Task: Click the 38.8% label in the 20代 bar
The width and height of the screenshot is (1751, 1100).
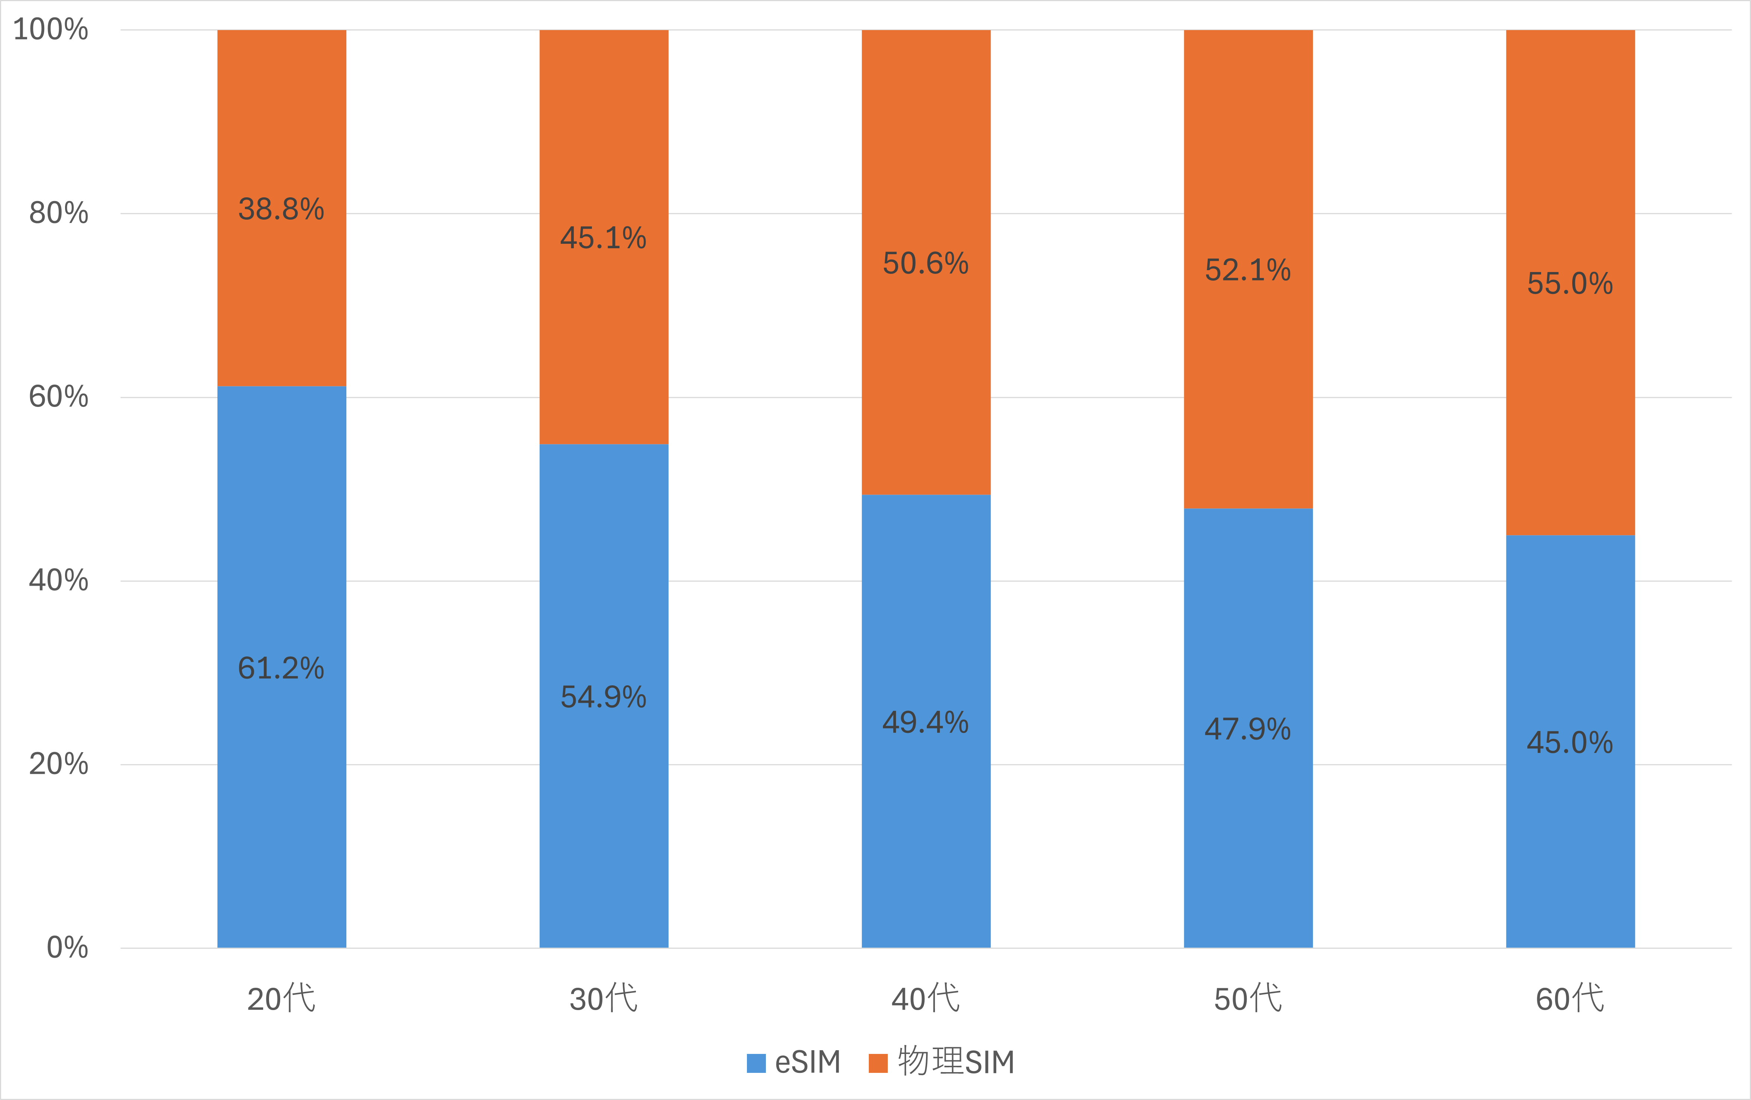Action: point(281,209)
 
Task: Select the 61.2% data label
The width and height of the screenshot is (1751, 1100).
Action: point(281,668)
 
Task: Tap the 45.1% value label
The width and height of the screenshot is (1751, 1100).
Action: point(603,239)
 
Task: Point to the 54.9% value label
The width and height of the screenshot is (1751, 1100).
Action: point(603,697)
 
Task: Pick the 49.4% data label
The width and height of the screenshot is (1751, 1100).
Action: point(926,723)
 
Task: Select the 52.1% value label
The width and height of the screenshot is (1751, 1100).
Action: point(1248,271)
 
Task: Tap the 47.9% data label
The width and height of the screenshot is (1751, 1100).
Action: point(1248,729)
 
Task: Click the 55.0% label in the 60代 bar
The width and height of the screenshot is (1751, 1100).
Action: point(1570,284)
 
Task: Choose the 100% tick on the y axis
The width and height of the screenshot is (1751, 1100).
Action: point(51,30)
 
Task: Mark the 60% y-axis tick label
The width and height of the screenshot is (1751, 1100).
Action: point(58,397)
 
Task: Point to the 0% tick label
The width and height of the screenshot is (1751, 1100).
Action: point(67,948)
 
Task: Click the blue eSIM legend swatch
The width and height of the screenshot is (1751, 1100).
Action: point(756,1063)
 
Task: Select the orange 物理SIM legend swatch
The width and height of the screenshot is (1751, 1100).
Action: point(878,1063)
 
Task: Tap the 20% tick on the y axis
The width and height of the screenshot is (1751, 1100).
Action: point(58,764)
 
